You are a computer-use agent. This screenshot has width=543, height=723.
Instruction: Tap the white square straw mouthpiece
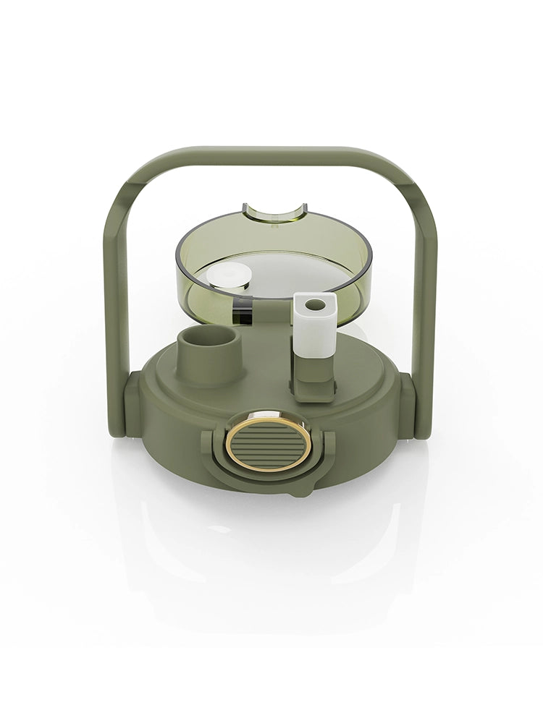pos(315,325)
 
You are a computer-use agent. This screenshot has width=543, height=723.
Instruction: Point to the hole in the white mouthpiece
pos(314,305)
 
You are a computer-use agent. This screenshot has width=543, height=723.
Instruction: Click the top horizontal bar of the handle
pos(271,155)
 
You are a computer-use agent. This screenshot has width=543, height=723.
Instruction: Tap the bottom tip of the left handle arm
pos(116,430)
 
